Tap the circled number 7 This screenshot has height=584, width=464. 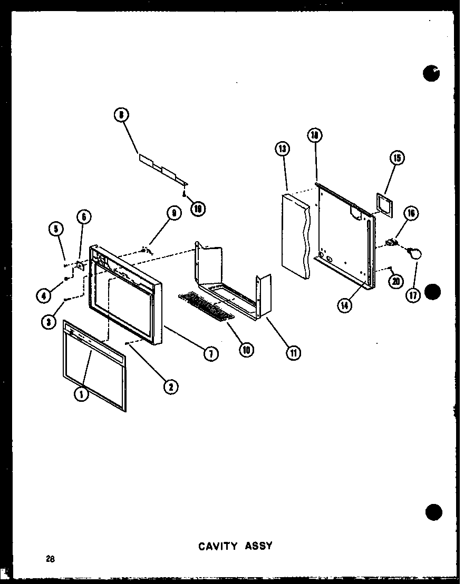click(210, 354)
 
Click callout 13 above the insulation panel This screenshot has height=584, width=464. click(282, 149)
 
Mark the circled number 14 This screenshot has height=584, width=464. click(345, 305)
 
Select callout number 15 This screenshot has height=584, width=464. click(396, 157)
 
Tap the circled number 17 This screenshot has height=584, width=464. click(413, 295)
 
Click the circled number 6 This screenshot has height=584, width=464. click(83, 216)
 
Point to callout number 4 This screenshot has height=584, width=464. click(44, 296)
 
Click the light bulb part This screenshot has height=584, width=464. click(415, 254)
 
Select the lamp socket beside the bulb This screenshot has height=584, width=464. click(391, 242)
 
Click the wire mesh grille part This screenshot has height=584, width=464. click(206, 306)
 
